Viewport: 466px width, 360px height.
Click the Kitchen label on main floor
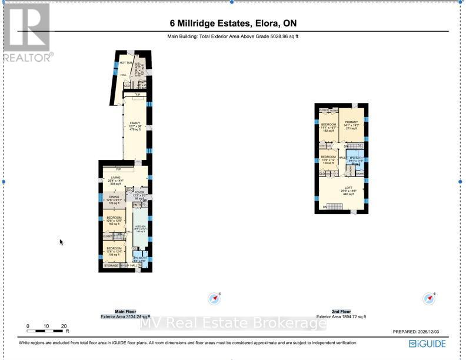tap(141, 226)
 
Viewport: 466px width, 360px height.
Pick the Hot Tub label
tap(125, 63)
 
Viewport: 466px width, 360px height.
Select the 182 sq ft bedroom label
tap(328, 127)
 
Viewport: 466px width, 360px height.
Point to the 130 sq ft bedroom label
tap(328, 159)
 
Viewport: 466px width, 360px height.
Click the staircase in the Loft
tap(334, 206)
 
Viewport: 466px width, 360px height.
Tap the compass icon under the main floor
tap(215, 299)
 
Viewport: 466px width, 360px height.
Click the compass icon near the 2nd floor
tap(429, 299)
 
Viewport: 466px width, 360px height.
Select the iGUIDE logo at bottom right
tap(427, 344)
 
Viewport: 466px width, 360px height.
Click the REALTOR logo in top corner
tap(28, 32)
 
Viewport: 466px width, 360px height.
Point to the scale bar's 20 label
tap(64, 326)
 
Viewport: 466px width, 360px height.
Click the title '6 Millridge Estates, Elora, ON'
tap(232, 24)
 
